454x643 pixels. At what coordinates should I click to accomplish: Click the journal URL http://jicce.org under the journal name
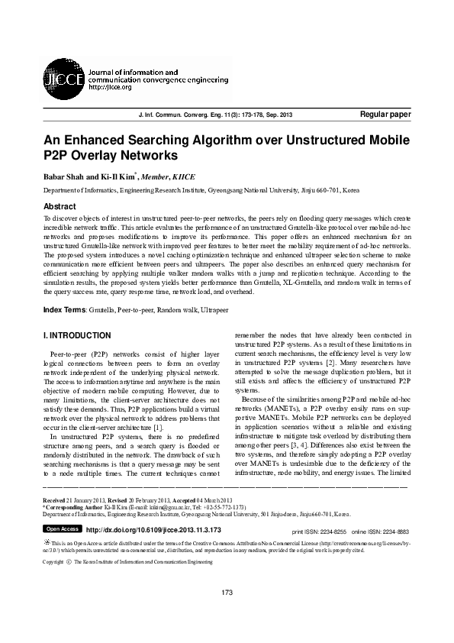(111, 87)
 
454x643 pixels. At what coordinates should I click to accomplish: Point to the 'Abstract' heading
(60, 207)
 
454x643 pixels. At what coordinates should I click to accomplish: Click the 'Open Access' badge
(62, 528)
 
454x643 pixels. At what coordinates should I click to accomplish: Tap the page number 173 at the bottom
(227, 613)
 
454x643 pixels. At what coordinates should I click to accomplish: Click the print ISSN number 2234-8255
(331, 530)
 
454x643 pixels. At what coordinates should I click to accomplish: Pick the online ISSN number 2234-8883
(393, 530)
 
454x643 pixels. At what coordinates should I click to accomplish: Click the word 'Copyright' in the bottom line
(53, 562)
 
